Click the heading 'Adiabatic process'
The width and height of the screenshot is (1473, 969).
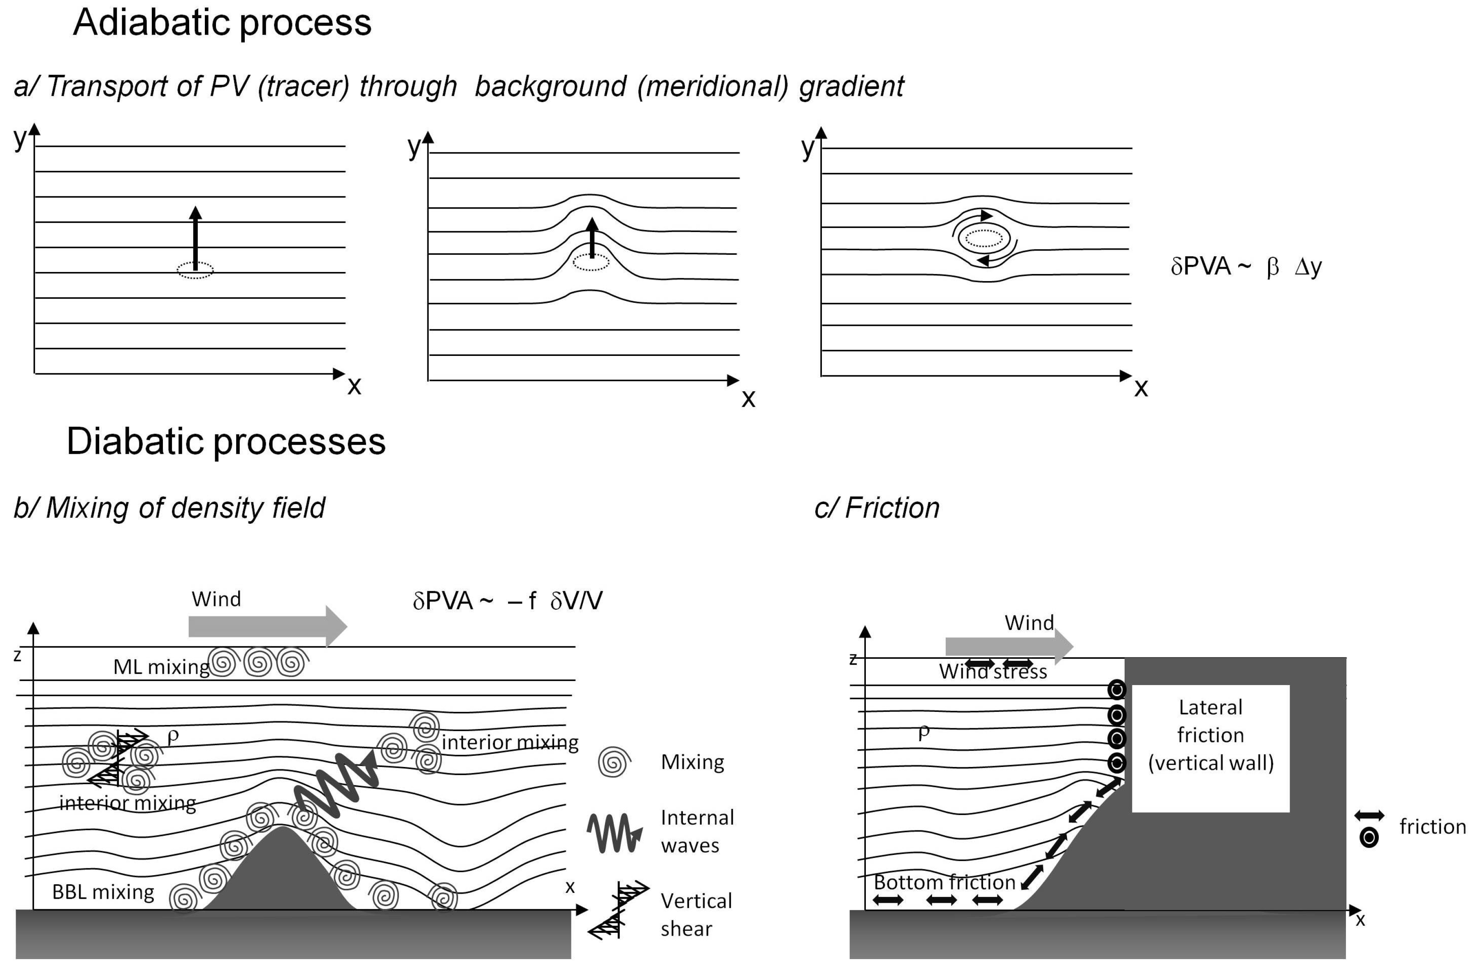[222, 23]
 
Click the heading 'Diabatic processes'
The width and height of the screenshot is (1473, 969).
[226, 442]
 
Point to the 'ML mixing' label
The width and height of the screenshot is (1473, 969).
[161, 667]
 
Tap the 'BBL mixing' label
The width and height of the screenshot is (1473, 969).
[103, 892]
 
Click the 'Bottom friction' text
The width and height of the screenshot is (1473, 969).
[944, 882]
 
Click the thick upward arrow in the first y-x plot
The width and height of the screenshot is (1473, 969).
[195, 238]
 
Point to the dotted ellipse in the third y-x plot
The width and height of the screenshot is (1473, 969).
[984, 238]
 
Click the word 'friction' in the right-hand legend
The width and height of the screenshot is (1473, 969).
[1432, 827]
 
